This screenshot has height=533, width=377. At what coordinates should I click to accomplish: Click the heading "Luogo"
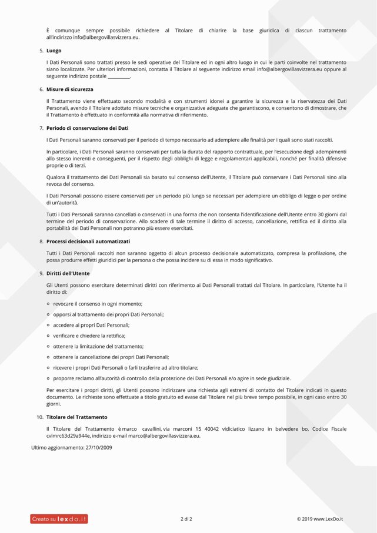coord(54,51)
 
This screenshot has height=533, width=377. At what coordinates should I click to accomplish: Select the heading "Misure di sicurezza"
coord(69,89)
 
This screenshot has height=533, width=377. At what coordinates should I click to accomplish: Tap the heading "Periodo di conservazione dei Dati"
coord(87,128)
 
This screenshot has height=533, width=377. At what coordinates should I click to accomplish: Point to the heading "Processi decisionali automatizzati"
coord(88,242)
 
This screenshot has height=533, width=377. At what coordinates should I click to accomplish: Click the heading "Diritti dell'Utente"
coord(68,274)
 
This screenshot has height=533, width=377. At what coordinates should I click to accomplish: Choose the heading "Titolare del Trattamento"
coord(76,417)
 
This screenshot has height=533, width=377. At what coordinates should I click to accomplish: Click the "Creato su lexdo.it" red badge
coord(59,519)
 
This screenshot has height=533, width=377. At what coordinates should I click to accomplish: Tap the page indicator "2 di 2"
coord(186,519)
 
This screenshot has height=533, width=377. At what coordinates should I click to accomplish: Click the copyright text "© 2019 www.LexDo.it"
coord(319,519)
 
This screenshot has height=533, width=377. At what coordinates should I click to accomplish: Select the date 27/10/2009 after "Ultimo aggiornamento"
coord(98,448)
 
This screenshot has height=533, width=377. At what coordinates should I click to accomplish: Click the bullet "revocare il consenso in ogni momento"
coord(98,304)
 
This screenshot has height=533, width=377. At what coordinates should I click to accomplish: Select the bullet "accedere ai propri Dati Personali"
coord(91,325)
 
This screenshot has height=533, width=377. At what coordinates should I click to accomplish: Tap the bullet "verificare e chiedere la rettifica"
coord(89,336)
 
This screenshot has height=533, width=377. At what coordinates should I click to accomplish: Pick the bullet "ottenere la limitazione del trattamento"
coord(98,347)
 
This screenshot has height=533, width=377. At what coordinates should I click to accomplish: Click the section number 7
coord(41,128)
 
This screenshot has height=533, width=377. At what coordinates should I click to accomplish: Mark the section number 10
coord(39,417)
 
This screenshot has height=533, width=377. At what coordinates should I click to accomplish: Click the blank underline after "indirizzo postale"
coord(119,76)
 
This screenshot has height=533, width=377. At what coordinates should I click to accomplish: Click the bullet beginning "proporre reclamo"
coord(172,378)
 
